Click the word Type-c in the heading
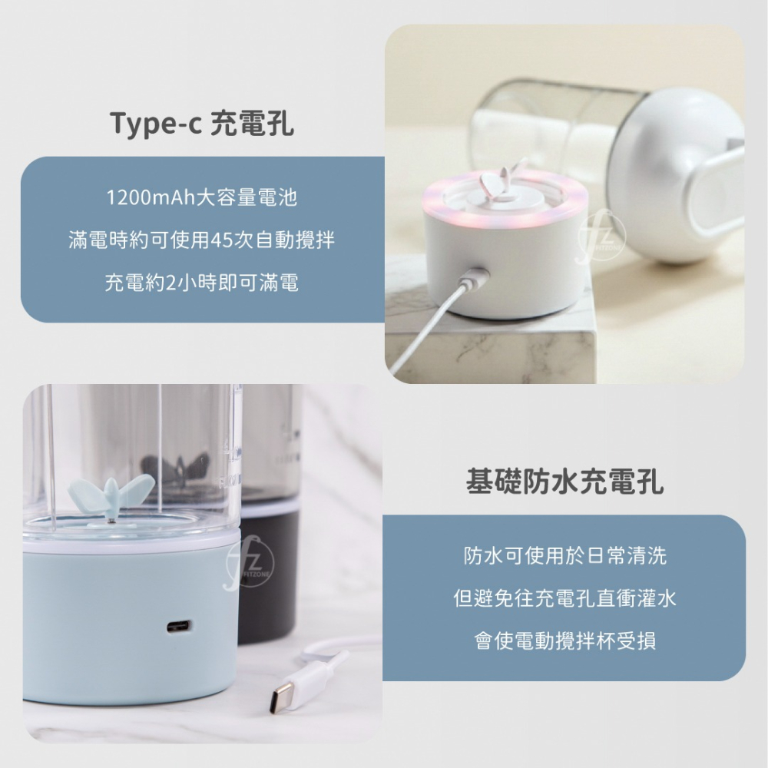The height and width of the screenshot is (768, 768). coord(155,123)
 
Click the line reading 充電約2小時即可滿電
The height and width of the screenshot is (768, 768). coord(202,283)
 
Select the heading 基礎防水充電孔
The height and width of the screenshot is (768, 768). coord(564,482)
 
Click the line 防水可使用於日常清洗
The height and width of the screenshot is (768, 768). coord(564,555)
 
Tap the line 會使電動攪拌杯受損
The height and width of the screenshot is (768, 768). coord(564,641)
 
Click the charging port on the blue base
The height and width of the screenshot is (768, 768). coord(179,626)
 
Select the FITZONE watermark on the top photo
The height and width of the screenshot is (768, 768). coord(601,237)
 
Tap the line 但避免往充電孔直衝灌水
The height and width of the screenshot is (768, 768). coord(564,598)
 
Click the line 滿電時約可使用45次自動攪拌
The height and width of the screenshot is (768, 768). coord(202,240)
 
